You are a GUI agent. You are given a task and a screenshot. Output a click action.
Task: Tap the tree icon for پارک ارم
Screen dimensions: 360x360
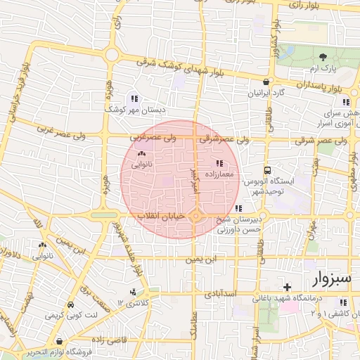click(x=323, y=57)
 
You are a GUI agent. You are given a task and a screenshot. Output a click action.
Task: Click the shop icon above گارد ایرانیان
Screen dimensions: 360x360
click(x=265, y=81)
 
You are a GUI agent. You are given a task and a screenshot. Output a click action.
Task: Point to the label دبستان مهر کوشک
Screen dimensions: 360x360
click(x=134, y=110)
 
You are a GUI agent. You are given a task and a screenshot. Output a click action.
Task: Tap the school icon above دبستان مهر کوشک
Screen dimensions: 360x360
click(x=134, y=98)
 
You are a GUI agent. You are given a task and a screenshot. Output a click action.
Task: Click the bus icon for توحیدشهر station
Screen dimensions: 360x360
click(x=267, y=169)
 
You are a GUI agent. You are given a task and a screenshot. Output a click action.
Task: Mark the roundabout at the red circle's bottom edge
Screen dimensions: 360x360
click(x=196, y=216)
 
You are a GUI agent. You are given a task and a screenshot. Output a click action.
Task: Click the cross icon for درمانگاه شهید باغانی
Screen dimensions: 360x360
click(x=286, y=287)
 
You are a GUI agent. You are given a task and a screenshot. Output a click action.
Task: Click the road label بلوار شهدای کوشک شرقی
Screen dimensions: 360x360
click(x=184, y=69)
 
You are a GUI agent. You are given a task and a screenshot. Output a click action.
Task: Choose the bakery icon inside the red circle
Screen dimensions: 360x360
click(x=141, y=153)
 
